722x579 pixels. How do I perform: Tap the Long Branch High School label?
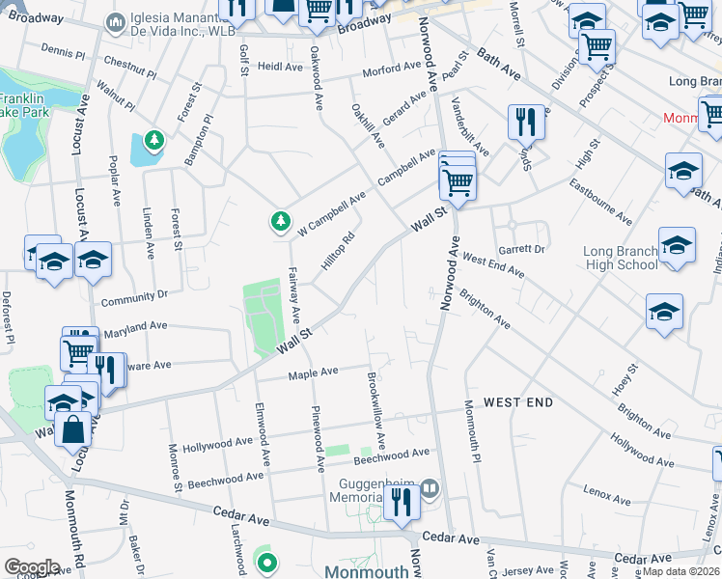pyautogui.click(x=621, y=259)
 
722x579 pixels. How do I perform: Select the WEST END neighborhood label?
pyautogui.click(x=518, y=401)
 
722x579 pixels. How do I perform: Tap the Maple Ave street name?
pyautogui.click(x=315, y=372)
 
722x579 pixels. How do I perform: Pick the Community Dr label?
pyautogui.click(x=134, y=296)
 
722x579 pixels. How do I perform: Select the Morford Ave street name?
pyautogui.click(x=392, y=71)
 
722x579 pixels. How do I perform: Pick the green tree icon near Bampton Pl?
pyautogui.click(x=153, y=142)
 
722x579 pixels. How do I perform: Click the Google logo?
pyautogui.click(x=32, y=567)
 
